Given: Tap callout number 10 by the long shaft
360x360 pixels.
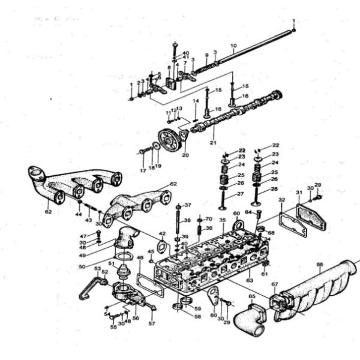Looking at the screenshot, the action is click(233, 46).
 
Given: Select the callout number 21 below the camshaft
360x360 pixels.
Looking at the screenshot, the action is click(212, 143).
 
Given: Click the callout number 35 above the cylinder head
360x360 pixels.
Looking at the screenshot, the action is click(222, 221).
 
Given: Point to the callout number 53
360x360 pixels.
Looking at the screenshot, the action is click(97, 268).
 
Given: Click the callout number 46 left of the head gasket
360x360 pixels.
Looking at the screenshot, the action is click(140, 259).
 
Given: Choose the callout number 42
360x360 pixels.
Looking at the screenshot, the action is click(161, 234).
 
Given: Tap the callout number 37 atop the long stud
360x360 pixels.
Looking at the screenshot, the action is click(188, 205).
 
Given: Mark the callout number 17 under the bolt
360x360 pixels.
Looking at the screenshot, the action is click(143, 171).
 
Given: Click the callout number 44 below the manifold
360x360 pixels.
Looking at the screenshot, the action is click(79, 214).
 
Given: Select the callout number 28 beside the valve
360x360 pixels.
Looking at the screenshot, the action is click(274, 189).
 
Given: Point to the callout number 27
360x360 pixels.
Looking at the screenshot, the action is click(240, 194).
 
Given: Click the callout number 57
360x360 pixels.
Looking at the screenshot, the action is click(151, 323).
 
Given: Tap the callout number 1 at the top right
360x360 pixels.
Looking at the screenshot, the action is click(294, 21).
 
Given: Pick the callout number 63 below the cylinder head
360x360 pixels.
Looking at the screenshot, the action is click(249, 280).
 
